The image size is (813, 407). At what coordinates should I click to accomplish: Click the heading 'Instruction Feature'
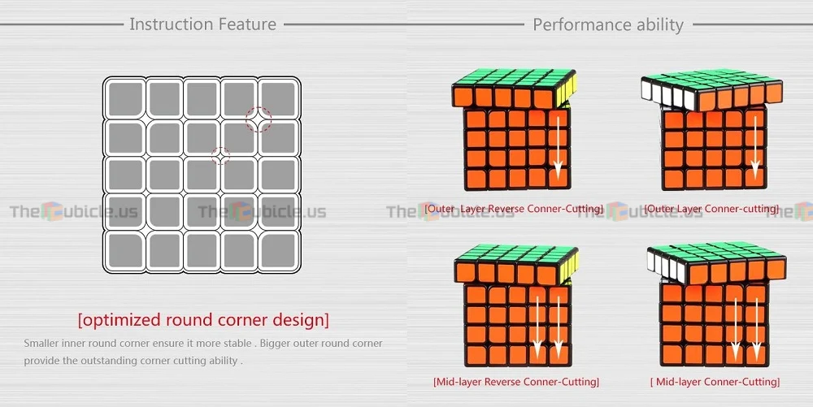[x=202, y=24]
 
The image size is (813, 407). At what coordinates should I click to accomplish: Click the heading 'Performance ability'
[x=608, y=25]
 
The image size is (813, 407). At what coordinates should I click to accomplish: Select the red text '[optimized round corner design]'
[x=203, y=319]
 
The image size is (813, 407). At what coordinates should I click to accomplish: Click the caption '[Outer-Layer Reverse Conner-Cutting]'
[x=514, y=209]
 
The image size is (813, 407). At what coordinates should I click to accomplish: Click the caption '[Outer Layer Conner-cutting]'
[x=711, y=209]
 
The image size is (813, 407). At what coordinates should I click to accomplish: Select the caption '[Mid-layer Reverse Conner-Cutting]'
[x=516, y=382]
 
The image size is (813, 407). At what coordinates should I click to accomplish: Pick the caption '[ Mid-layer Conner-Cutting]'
[x=715, y=382]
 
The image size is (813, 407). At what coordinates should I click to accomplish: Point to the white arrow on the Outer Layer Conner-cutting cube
[x=755, y=148]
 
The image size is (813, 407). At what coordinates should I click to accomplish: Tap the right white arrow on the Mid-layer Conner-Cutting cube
[x=756, y=329]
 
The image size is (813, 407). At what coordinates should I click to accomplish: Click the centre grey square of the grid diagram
[x=202, y=175]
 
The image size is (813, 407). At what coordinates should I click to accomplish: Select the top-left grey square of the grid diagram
[x=125, y=98]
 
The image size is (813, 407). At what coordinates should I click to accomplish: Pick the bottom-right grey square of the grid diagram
[x=278, y=251]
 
